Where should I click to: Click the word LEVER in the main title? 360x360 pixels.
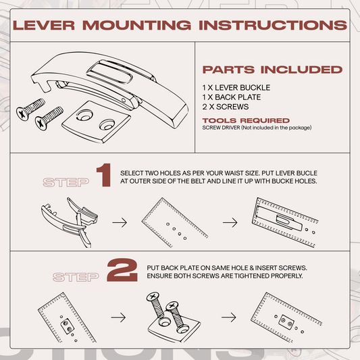[x=44, y=25]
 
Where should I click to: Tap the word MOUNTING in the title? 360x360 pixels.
[x=137, y=25]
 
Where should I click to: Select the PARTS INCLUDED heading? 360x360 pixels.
[x=272, y=70]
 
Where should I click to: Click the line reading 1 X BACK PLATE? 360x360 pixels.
[x=232, y=97]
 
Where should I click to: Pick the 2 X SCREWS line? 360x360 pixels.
[x=226, y=107]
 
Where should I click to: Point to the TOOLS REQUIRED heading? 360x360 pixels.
[x=246, y=120]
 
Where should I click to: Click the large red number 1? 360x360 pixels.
[x=104, y=175]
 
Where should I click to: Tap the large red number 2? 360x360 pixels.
[x=122, y=270]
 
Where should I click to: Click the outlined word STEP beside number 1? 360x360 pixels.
[x=66, y=182]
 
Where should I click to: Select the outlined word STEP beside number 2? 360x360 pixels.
[x=76, y=277]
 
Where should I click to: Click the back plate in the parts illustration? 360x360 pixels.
[x=96, y=122]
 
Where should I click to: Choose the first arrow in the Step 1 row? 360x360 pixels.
[x=120, y=222]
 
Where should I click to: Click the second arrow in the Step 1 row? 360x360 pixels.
[x=230, y=222]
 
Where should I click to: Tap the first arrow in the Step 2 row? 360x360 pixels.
[x=118, y=317]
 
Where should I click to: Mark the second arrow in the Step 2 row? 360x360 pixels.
[x=229, y=317]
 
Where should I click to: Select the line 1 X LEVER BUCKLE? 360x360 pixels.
[x=236, y=88]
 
